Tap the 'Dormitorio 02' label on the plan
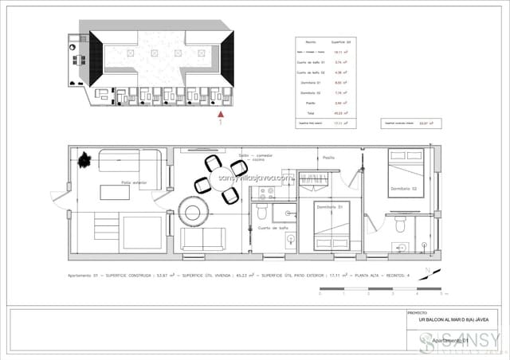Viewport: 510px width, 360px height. click(x=405, y=189)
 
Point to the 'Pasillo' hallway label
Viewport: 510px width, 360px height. click(x=329, y=158)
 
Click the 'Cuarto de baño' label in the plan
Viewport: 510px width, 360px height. click(x=273, y=228)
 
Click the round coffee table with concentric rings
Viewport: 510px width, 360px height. click(x=194, y=211)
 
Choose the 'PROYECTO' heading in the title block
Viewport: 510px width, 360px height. click(x=418, y=313)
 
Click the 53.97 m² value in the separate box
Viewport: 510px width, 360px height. click(x=414, y=123)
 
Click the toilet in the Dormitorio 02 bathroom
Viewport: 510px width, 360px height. click(x=397, y=225)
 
